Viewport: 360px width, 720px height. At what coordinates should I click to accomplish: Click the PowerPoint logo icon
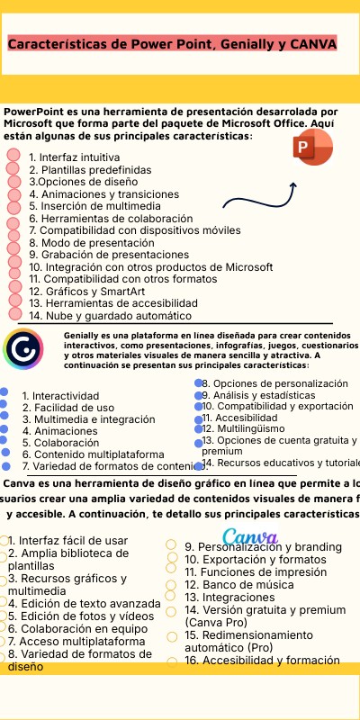(x=311, y=148)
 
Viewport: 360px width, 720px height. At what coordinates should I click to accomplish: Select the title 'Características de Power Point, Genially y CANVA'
(x=171, y=43)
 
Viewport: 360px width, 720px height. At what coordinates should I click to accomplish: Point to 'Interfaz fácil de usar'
(x=67, y=540)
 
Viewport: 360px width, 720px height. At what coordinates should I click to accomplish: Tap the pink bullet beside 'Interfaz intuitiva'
(x=13, y=155)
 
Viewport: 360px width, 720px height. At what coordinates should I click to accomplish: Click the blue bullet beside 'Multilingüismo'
(x=198, y=428)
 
